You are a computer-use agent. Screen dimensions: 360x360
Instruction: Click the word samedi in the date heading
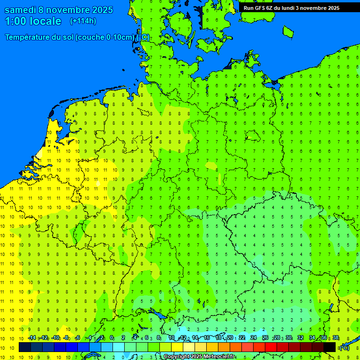(x=21, y=10)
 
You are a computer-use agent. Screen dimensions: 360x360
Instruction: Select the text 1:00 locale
(x=33, y=21)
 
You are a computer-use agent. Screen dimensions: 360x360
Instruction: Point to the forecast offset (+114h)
(x=83, y=21)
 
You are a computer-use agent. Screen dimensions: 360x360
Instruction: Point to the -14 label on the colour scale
(x=31, y=338)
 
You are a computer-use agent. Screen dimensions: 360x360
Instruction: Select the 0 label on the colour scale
(x=112, y=338)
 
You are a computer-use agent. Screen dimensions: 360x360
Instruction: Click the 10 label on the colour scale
(x=172, y=338)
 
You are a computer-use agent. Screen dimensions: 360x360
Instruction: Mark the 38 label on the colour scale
(x=336, y=338)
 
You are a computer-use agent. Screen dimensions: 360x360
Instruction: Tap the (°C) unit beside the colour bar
(x=344, y=348)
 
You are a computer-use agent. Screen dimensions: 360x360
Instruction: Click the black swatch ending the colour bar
(x=330, y=347)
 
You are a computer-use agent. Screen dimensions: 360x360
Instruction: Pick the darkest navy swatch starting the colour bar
(x=24, y=347)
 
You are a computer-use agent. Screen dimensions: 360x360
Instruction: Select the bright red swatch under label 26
(x=271, y=347)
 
